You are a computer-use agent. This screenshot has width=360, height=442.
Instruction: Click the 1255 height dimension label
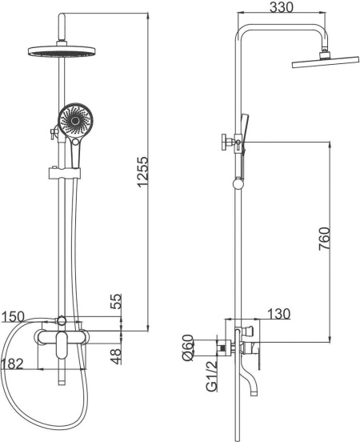coord(143,171)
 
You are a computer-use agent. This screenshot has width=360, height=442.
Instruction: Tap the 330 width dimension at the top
coord(282,7)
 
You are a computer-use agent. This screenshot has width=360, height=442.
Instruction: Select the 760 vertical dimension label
coord(324,239)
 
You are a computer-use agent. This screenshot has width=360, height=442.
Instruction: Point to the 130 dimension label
coord(278,314)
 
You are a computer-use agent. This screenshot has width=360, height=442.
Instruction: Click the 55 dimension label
coord(116,301)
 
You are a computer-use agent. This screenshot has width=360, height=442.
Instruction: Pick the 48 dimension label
coord(116,356)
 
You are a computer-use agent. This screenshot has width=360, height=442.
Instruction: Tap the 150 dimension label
coord(13,317)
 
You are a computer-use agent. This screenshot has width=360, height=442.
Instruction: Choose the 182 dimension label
coord(12,364)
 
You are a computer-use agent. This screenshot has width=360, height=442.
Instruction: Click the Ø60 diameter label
coord(188,348)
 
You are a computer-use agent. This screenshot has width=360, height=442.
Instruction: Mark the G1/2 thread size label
coord(212,376)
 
